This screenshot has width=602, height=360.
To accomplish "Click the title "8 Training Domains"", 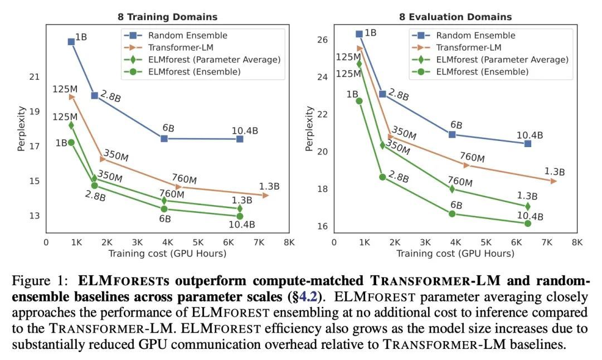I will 167,17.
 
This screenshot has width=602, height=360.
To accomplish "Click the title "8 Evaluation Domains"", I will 455,17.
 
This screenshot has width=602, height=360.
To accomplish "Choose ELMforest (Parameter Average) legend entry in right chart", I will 502,60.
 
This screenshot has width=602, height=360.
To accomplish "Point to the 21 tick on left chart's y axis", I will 35,76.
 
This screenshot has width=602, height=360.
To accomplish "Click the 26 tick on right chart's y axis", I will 323,40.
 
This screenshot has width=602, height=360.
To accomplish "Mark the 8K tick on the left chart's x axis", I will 289,243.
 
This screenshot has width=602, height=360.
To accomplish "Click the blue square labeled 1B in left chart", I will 71,42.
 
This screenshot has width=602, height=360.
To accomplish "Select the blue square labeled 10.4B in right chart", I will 527,144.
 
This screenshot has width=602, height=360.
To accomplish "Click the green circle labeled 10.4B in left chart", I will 240,216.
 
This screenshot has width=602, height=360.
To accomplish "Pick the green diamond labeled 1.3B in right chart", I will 527,207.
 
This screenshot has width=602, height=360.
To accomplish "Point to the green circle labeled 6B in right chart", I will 452,213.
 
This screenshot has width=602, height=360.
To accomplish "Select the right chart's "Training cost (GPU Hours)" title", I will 455,254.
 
